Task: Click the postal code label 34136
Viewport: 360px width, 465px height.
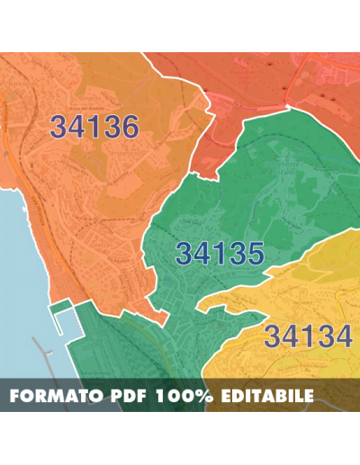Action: click(x=94, y=127)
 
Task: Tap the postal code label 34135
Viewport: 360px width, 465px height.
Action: click(x=220, y=255)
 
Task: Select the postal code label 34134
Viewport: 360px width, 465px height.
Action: click(x=308, y=337)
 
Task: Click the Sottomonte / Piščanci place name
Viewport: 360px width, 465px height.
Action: click(x=277, y=167)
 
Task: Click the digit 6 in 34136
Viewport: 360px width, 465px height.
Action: click(x=129, y=127)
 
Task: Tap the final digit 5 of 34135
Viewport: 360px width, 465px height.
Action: click(x=254, y=255)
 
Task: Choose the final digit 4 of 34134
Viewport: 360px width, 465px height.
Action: click(x=341, y=337)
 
